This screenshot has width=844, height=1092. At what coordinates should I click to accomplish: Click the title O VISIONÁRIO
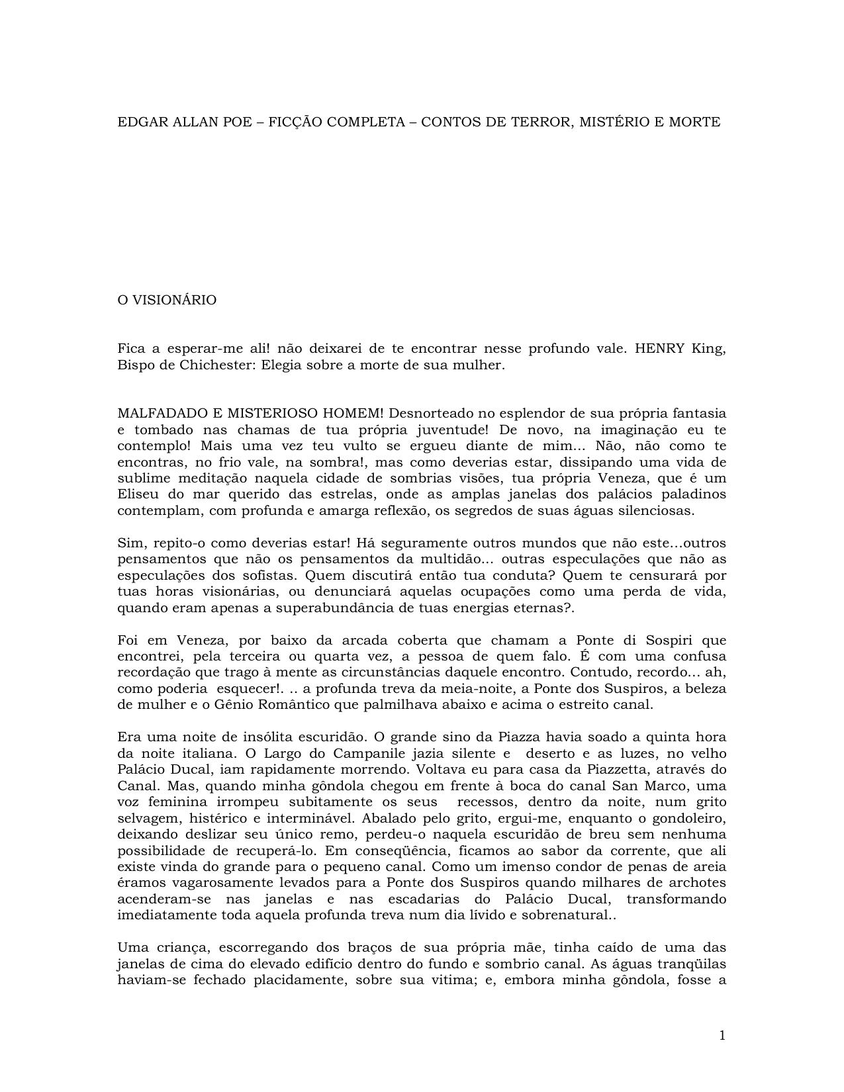pos(167,300)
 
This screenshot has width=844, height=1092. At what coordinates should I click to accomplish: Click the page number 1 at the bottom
pos(722,1036)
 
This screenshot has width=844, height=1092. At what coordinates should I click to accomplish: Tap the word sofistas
pos(264,575)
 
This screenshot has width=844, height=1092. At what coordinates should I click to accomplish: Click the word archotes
pos(696,883)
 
